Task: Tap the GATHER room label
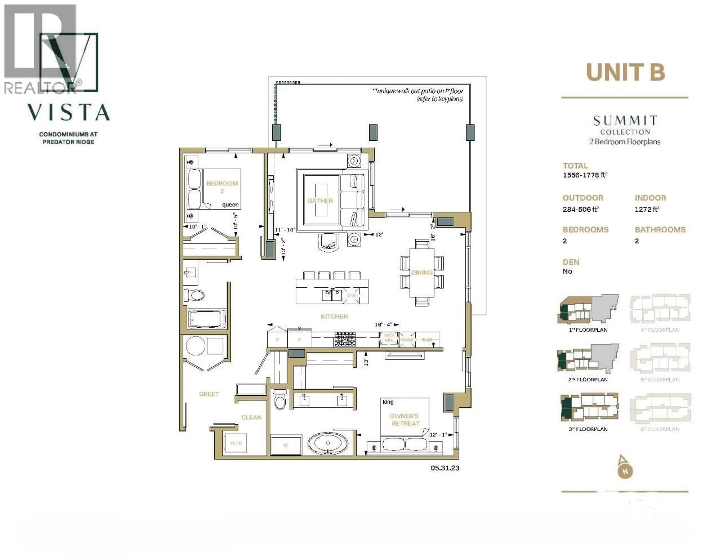tap(320, 201)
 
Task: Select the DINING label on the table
tap(422, 272)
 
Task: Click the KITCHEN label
tap(334, 316)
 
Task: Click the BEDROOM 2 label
tap(222, 187)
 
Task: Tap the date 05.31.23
tap(445, 468)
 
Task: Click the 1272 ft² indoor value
tap(647, 209)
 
